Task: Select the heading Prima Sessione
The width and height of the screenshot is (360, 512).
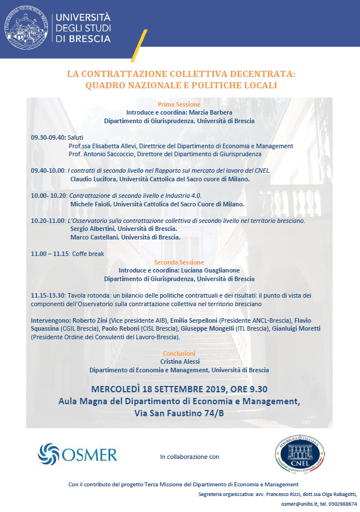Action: [179, 104]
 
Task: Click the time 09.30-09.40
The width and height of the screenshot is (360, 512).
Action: [48, 137]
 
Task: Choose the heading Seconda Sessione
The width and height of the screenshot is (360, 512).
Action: [179, 262]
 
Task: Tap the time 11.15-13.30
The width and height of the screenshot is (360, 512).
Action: [48, 295]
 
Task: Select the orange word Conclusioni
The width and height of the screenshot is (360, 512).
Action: [179, 353]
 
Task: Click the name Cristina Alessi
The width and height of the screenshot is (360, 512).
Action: [179, 361]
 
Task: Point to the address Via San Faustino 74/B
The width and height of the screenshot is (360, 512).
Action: [179, 413]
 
